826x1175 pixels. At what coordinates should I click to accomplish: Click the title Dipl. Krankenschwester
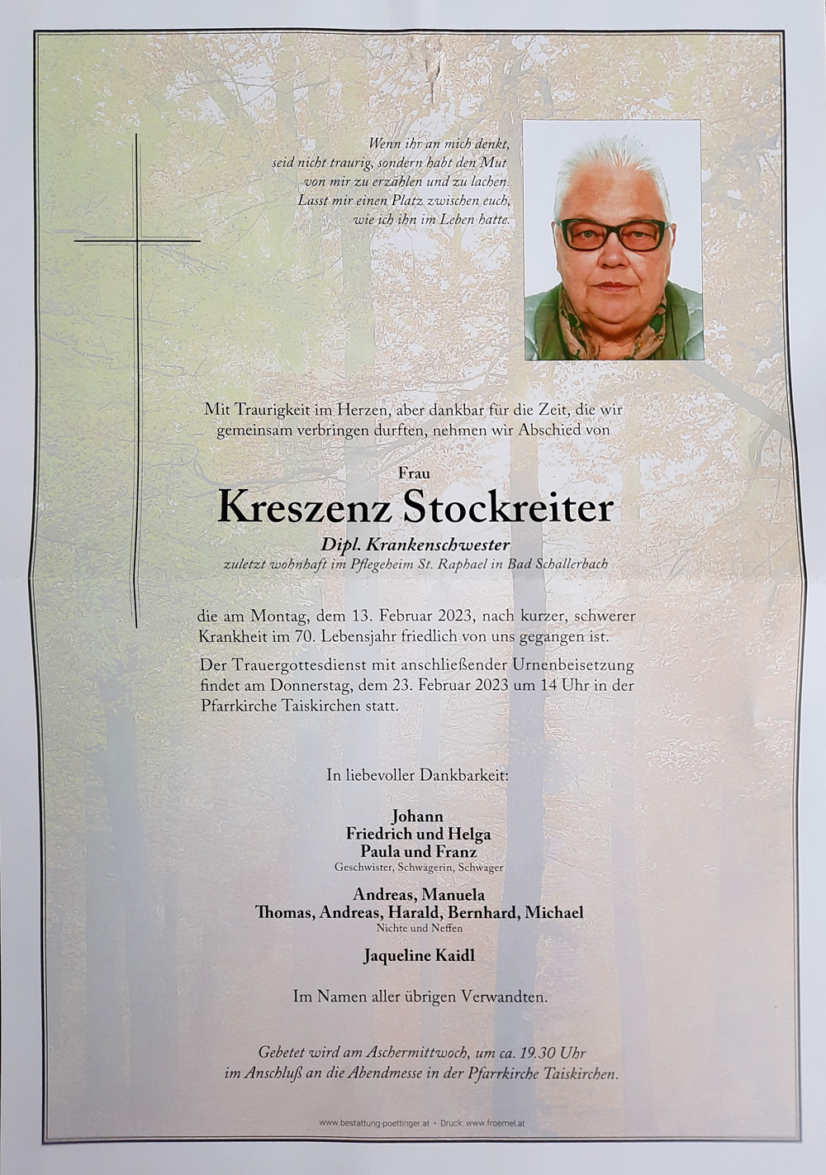(415, 545)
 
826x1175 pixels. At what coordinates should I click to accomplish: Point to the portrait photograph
(612, 240)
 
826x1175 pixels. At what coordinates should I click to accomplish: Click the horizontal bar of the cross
(137, 240)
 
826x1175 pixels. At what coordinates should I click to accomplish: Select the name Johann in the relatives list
(417, 816)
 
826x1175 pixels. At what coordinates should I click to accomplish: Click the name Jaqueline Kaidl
(419, 956)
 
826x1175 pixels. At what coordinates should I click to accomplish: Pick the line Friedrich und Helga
(418, 834)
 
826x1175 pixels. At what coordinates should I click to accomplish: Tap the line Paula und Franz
(418, 851)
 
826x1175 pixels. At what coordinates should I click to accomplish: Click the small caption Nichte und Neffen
(419, 928)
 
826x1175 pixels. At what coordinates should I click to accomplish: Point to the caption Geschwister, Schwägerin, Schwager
(419, 868)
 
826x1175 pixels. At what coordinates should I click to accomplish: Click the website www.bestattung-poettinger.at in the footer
(373, 1123)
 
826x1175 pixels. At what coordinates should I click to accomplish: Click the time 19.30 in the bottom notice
(538, 1053)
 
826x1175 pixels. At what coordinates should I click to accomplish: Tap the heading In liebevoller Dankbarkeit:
(417, 776)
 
